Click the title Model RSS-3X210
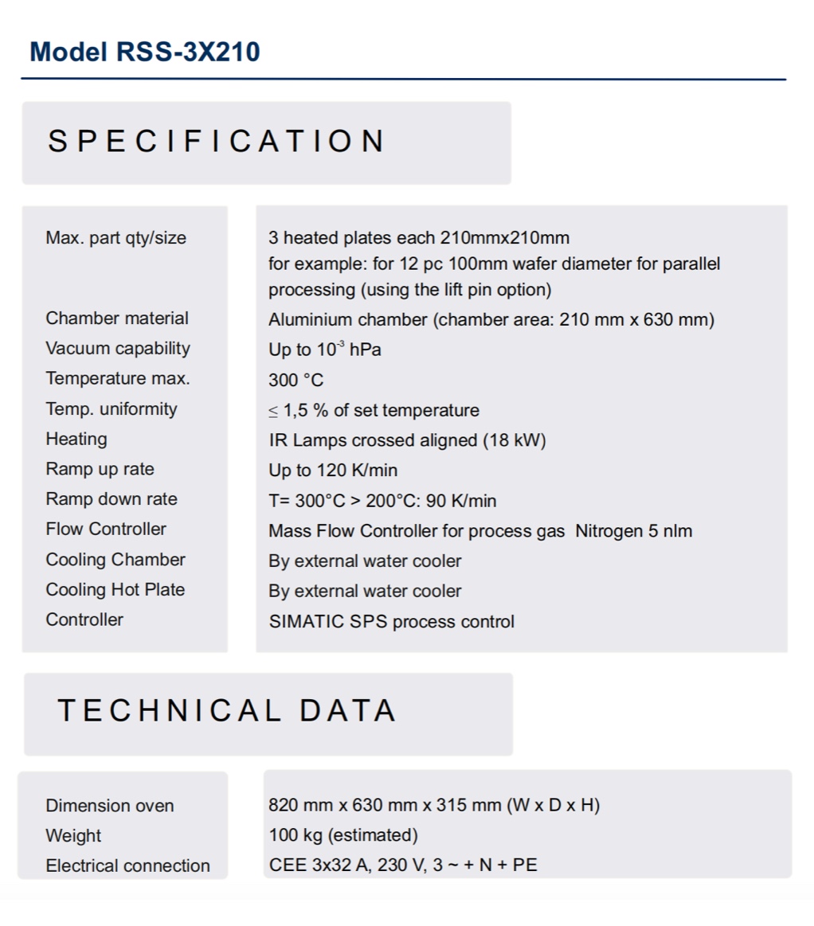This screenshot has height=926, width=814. (x=144, y=53)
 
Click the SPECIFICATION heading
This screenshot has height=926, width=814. (x=217, y=142)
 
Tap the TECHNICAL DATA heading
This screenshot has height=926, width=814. (x=227, y=710)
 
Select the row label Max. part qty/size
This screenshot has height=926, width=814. (x=115, y=237)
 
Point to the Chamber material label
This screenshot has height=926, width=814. (x=117, y=318)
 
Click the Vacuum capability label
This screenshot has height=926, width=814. (x=118, y=349)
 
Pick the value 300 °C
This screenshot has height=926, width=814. (x=295, y=380)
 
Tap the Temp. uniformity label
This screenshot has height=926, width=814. (x=112, y=409)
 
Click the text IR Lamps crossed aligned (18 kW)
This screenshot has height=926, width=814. (x=407, y=440)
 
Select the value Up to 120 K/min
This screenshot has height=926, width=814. (x=333, y=470)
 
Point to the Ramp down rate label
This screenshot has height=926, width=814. (x=112, y=499)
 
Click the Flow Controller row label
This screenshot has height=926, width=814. (x=106, y=529)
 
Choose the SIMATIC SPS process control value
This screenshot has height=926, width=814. (x=391, y=622)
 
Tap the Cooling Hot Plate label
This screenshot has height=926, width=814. (x=115, y=590)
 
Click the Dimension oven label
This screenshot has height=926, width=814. (x=109, y=806)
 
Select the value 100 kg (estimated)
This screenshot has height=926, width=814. (x=343, y=835)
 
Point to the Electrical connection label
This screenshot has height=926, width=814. (x=127, y=865)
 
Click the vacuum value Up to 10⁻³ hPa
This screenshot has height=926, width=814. (x=324, y=350)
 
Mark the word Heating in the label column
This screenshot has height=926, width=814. (x=76, y=439)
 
